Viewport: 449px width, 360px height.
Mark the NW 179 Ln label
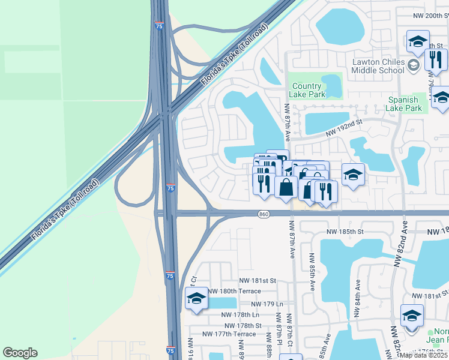tap(267, 304)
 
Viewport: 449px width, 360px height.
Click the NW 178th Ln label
tap(240, 314)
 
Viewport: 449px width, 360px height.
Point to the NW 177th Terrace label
tap(229, 334)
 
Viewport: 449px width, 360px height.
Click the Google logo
tap(20, 353)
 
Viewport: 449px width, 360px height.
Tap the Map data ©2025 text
tap(424, 355)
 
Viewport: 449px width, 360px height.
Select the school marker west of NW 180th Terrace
tap(196, 299)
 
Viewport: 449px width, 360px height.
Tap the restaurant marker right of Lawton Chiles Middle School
tap(435, 59)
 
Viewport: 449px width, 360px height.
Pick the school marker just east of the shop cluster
tap(353, 175)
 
